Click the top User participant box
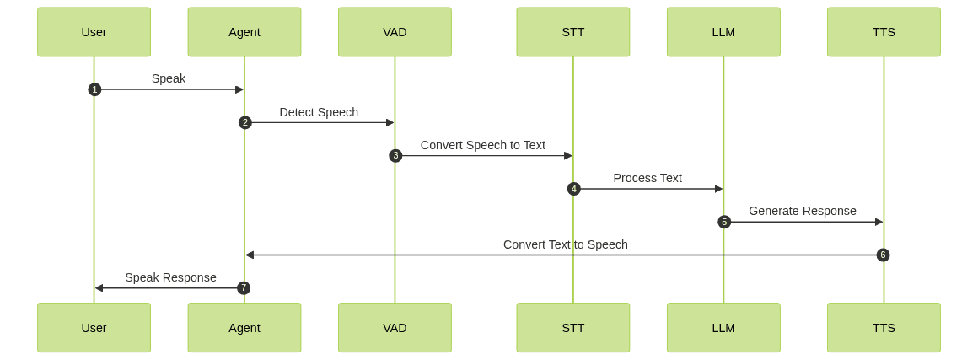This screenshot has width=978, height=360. pos(94,32)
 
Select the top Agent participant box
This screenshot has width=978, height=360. pos(244,32)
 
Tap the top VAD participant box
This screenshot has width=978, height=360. pos(395,32)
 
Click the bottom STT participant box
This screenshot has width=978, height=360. pos(573,328)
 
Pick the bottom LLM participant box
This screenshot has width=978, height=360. pos(723,328)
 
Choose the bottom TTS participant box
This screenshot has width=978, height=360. pos(884,328)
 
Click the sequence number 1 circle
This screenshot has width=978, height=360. pos(94,89)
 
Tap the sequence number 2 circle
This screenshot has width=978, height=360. pos(245,122)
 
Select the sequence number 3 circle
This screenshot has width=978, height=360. pos(395,156)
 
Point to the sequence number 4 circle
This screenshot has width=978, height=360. pos(574,189)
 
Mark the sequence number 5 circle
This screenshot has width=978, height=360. pos(724,222)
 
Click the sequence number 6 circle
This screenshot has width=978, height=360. pos(883,255)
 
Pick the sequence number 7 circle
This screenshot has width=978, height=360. pos(244,288)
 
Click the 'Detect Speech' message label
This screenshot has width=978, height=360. pos(319,112)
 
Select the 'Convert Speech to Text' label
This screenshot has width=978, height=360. pos(483,145)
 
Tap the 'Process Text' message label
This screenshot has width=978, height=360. pos(648,178)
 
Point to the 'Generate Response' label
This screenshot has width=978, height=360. pos(803,211)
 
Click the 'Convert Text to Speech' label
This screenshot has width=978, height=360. pos(566,244)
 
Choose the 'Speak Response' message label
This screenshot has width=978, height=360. pos(170,277)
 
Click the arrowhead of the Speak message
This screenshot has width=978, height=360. pos(239,89)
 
